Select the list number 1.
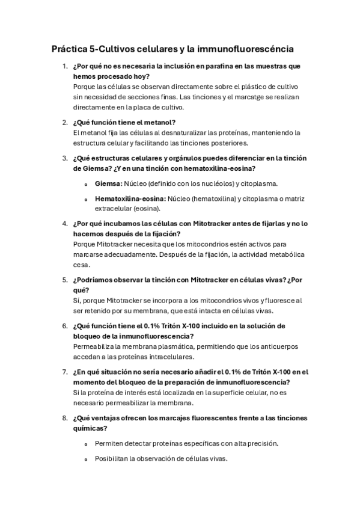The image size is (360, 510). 64,66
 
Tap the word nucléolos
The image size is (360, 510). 212,183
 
